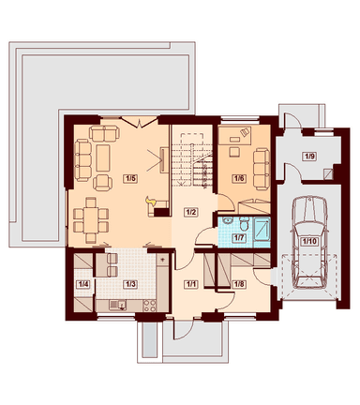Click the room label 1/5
pyautogui.click(x=130, y=178)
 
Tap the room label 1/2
pyautogui.click(x=191, y=212)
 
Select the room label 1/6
pyautogui.click(x=238, y=178)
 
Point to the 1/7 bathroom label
pyautogui.click(x=239, y=238)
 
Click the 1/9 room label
pyautogui.click(x=309, y=156)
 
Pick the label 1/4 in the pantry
pyautogui.click(x=82, y=284)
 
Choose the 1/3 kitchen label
pyautogui.click(x=130, y=284)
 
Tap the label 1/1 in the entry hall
pyautogui.click(x=191, y=284)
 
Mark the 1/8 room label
pyautogui.click(x=239, y=284)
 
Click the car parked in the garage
pyautogui.click(x=309, y=242)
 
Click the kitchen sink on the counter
pyautogui.click(x=117, y=305)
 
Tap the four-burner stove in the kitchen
pyautogui.click(x=149, y=306)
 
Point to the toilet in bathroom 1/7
pyautogui.click(x=244, y=223)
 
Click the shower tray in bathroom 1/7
pyautogui.click(x=262, y=229)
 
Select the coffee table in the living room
pyautogui.click(x=103, y=157)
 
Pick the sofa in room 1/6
pyautogui.click(x=262, y=169)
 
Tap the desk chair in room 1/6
pyautogui.click(x=233, y=152)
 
